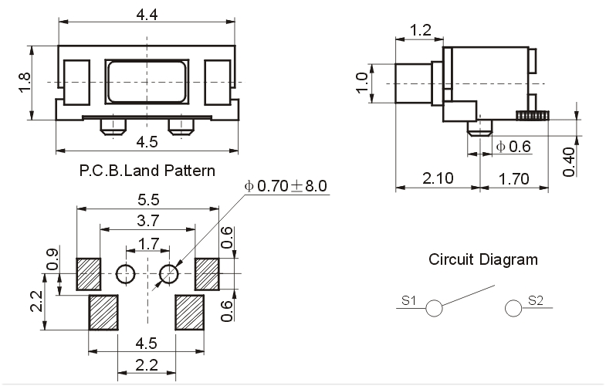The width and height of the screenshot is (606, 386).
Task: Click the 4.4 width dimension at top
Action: (147, 13)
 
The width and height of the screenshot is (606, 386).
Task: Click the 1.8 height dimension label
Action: (23, 83)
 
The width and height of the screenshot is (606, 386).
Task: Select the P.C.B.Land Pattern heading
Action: (147, 170)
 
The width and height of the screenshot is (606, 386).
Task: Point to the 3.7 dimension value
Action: (147, 222)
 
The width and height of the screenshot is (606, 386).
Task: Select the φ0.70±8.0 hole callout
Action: (286, 186)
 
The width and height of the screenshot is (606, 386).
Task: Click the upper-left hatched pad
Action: (89, 273)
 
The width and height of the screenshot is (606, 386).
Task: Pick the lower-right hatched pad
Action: (189, 312)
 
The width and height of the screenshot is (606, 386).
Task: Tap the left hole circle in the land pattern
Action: (125, 273)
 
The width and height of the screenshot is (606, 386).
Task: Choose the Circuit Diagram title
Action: (483, 259)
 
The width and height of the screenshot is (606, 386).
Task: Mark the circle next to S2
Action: (513, 308)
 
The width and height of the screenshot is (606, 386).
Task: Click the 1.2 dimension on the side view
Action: (420, 30)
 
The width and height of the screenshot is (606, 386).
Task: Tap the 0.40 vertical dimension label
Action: (569, 161)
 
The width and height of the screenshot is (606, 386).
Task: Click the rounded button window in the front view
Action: (147, 82)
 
